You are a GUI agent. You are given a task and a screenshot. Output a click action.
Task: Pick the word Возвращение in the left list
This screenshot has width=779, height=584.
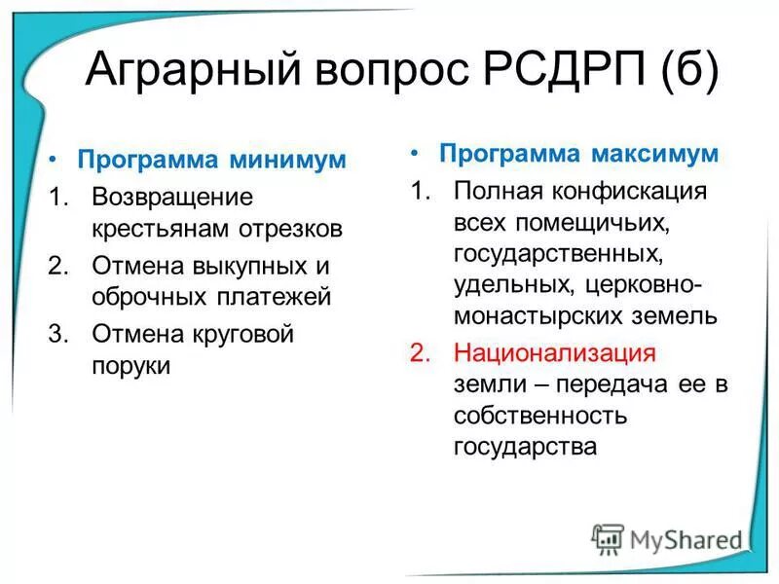(x=172, y=197)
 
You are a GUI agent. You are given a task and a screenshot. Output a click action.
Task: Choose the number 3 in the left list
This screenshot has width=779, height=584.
(x=56, y=333)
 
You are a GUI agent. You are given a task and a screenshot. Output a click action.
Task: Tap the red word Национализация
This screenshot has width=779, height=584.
(x=555, y=352)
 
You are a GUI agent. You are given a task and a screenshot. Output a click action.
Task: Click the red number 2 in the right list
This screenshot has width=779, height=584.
(x=420, y=352)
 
